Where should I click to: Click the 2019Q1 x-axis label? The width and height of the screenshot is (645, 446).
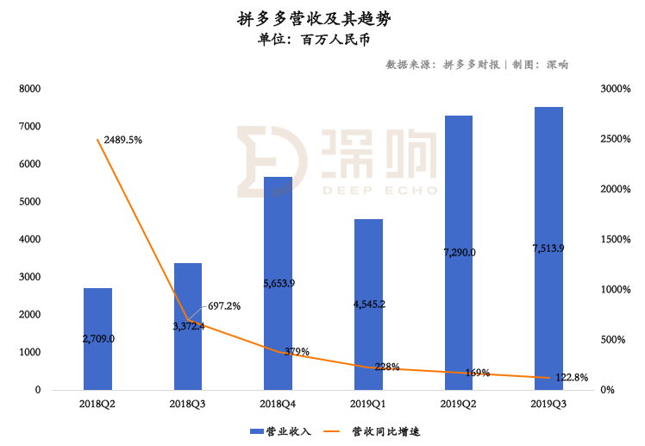[368, 403]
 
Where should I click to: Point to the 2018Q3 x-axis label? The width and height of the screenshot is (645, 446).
[188, 403]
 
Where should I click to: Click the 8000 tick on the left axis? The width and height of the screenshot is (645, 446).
[30, 89]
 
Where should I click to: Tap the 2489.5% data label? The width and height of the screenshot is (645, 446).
[122, 139]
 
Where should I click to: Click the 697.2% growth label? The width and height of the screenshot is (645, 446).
[224, 305]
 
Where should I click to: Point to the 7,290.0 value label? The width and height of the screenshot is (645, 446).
[458, 252]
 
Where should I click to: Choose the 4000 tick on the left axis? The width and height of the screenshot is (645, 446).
[30, 239]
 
